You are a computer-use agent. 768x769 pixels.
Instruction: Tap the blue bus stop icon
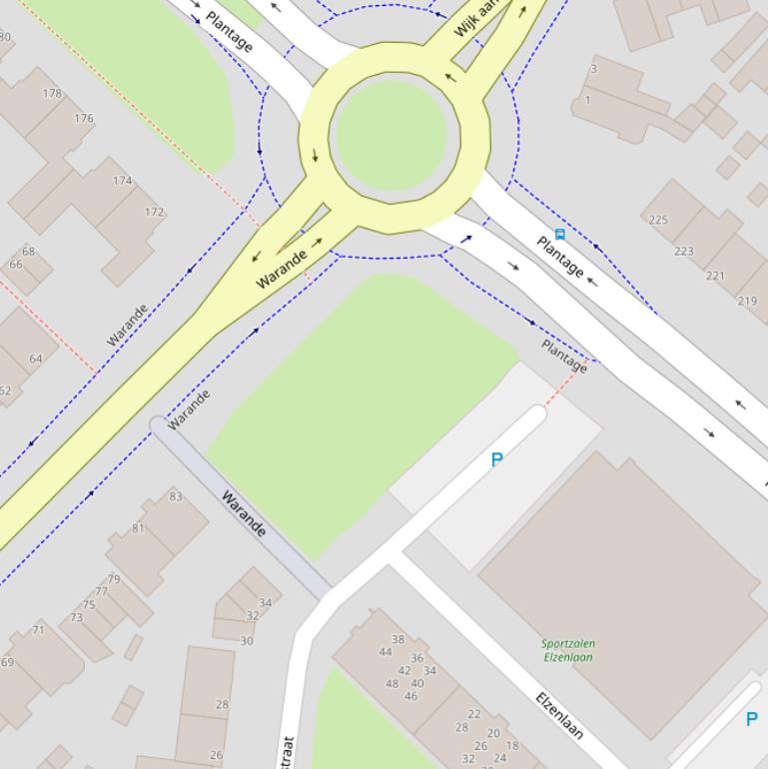point(559,235)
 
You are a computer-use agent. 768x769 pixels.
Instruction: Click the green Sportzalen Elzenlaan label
point(568,650)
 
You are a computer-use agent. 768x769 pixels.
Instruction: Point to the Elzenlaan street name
point(559,715)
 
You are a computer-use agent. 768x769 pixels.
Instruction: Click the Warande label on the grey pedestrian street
point(244,512)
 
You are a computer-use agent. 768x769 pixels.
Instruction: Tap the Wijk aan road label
point(475,18)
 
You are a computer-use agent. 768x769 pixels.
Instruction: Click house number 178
point(52,94)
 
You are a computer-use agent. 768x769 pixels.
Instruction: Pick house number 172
point(154,212)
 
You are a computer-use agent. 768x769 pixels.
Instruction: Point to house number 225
point(658,220)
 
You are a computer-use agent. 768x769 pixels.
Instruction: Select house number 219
point(747,301)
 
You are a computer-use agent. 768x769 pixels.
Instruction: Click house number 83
point(176,496)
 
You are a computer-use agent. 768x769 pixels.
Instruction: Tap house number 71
point(38,630)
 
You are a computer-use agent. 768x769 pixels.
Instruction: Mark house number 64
point(36,359)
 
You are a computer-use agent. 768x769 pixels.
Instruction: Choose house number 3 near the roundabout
point(593,69)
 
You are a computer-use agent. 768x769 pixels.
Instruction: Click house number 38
point(397,639)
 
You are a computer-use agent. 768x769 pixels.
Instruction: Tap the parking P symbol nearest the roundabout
point(496,459)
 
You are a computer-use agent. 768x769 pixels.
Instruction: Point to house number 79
point(114,579)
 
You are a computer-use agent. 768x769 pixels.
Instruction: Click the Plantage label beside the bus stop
point(560,257)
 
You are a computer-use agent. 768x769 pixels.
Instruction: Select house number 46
point(410,696)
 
